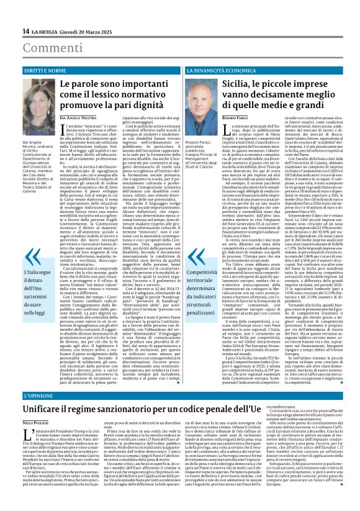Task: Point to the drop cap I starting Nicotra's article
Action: (62, 129)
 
